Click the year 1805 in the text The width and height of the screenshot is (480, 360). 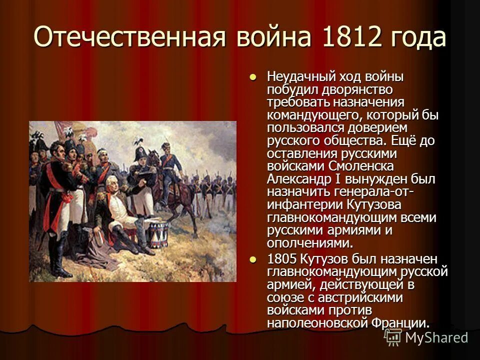pos(282,260)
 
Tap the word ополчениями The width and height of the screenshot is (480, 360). pos(308,243)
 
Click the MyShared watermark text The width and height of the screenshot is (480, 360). pos(436,337)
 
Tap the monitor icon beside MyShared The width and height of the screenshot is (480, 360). pos(392,337)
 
